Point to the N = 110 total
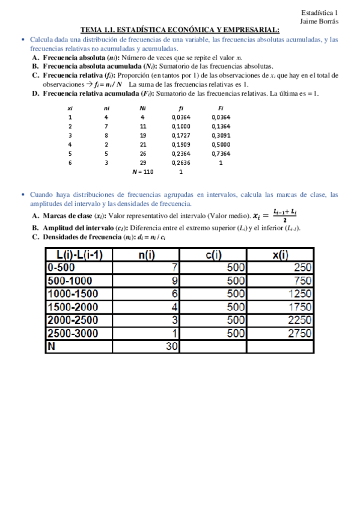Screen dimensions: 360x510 (x=143, y=171)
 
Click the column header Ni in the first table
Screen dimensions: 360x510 (x=142, y=108)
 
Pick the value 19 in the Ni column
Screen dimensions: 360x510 (x=143, y=135)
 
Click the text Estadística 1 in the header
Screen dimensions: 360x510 (x=320, y=12)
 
